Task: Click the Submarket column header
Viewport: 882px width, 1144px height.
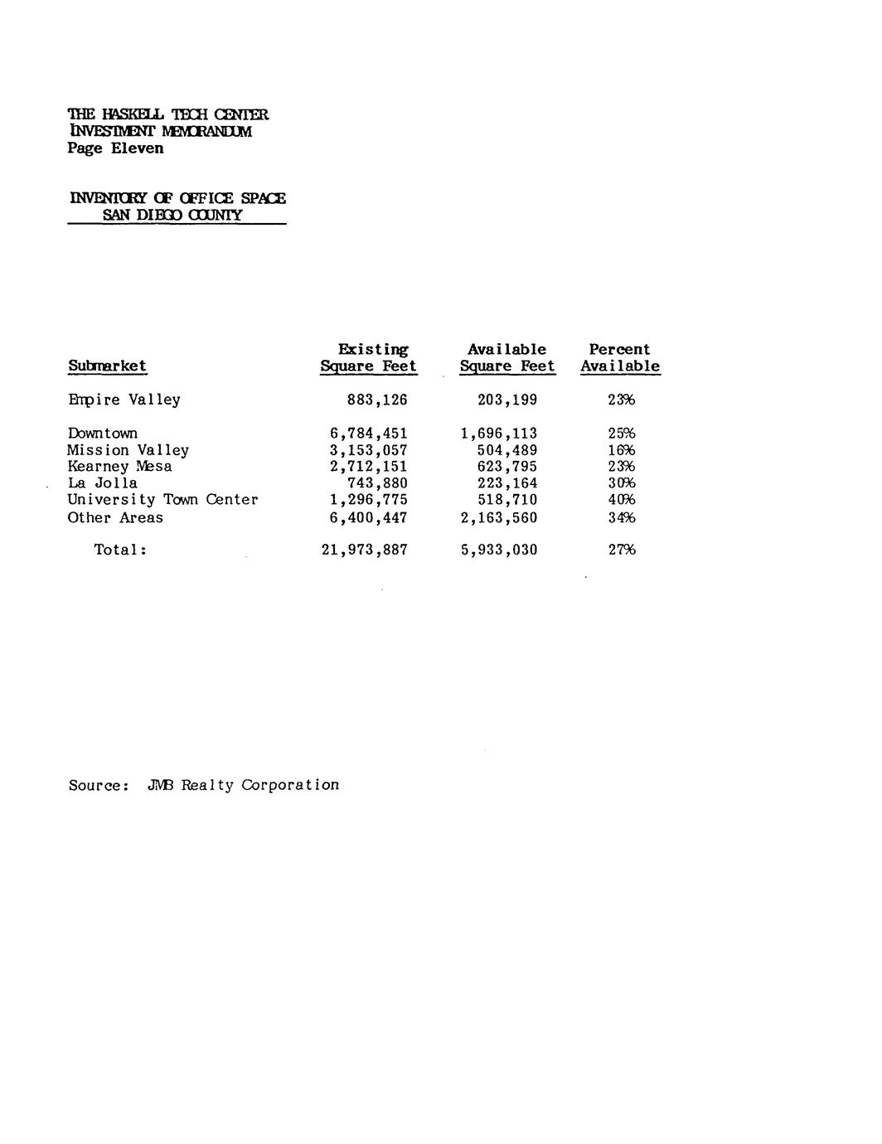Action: [x=107, y=366]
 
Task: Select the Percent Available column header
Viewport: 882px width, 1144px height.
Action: [x=620, y=358]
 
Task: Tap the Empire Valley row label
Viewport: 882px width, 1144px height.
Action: [x=124, y=400]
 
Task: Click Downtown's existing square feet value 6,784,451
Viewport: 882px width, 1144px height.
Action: [x=368, y=434]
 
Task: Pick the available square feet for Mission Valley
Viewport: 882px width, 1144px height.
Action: [x=507, y=450]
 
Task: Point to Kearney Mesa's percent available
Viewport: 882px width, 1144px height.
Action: [x=621, y=467]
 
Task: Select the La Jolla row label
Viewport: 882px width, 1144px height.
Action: [x=103, y=483]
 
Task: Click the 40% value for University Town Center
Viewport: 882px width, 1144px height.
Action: [x=621, y=500]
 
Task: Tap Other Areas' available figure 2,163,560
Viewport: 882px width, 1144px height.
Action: [x=499, y=518]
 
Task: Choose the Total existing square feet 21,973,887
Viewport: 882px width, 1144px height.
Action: [x=364, y=550]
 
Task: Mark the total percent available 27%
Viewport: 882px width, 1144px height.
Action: [x=621, y=550]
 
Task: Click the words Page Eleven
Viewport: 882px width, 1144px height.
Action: [x=116, y=148]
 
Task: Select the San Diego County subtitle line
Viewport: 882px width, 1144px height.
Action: [x=172, y=215]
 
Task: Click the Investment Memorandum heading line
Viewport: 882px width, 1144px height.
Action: [x=160, y=131]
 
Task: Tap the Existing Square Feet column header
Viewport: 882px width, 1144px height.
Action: [x=369, y=358]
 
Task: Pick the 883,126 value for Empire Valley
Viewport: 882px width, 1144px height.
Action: [x=377, y=400]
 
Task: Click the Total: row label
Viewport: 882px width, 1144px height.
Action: [x=120, y=550]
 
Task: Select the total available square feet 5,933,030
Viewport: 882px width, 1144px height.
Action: [x=499, y=550]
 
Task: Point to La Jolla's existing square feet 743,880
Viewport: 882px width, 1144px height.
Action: [x=377, y=483]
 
